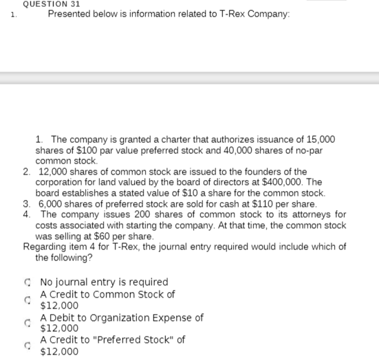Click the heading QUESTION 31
52,3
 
